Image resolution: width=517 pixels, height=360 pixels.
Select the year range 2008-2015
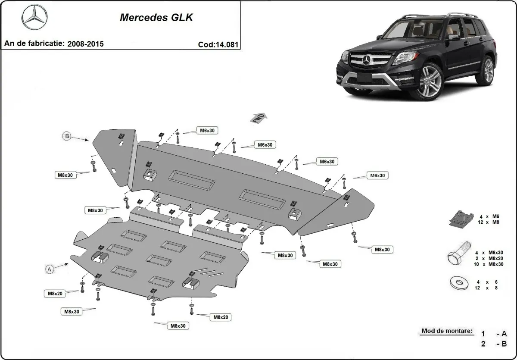point(85,44)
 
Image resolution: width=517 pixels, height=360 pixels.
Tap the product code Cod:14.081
point(218,44)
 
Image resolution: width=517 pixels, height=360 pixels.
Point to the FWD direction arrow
point(259,118)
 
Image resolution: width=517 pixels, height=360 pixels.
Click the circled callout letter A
point(50,269)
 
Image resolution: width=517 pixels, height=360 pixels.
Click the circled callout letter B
point(67,136)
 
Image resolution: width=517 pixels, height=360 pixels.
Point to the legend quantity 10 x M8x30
point(486,264)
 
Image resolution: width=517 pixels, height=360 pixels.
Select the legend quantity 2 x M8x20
point(486,258)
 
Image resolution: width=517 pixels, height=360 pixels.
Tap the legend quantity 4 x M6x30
point(486,252)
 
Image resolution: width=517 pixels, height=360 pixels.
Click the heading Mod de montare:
point(446,332)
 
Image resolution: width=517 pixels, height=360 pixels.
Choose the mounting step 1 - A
point(494,334)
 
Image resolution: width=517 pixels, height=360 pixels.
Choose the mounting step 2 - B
point(494,344)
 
